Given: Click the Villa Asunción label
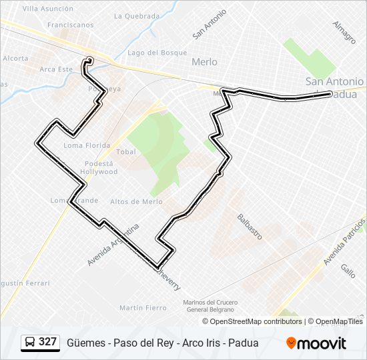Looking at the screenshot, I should click(47, 9).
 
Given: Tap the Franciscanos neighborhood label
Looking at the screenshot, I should click(70, 25).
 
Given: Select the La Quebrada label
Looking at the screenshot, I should click(136, 16).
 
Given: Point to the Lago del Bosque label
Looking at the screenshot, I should click(157, 52).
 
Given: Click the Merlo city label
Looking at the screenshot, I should click(204, 61).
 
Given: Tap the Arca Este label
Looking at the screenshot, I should click(56, 69).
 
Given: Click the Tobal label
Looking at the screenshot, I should click(126, 152).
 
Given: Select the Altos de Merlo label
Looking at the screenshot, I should click(136, 201).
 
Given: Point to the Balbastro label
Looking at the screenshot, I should click(250, 227).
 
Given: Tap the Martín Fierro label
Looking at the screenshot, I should click(143, 307).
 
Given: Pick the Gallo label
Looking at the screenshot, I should click(348, 270).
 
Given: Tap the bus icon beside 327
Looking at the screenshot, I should click(30, 342).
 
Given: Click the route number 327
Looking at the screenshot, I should click(47, 342).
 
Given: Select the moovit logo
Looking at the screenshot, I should click(316, 343).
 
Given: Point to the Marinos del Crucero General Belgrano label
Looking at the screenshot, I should click(210, 306).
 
